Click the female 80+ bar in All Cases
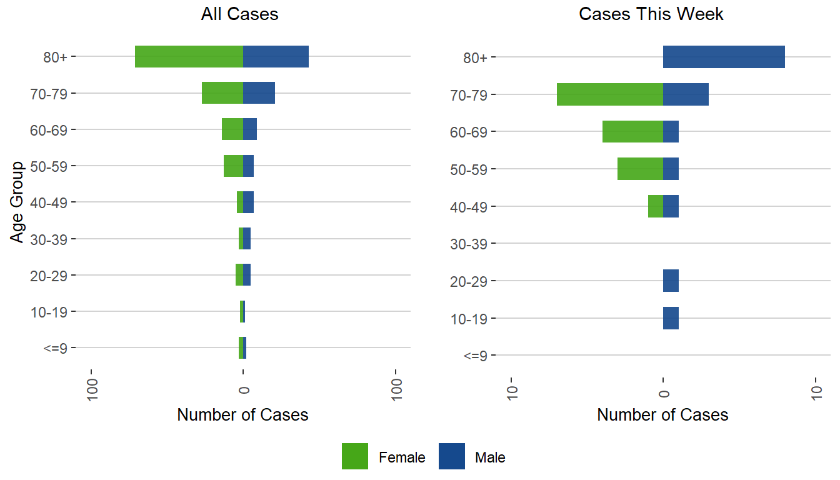click(x=189, y=57)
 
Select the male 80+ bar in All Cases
click(x=276, y=57)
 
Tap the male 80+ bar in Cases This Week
click(x=723, y=57)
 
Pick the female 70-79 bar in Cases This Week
click(x=609, y=94)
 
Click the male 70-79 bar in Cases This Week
click(x=686, y=94)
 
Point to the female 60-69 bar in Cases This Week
click(x=632, y=131)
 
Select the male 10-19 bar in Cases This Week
click(x=671, y=318)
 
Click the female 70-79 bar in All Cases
click(x=222, y=93)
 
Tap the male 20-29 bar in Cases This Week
click(x=671, y=281)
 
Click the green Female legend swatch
click(x=355, y=457)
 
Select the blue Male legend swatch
click(x=451, y=457)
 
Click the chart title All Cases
click(x=239, y=14)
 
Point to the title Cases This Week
click(x=651, y=14)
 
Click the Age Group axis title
click(x=17, y=202)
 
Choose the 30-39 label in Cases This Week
click(x=469, y=244)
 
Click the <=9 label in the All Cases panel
click(x=55, y=349)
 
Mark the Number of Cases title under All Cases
click(x=242, y=415)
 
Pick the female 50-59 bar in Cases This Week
click(x=640, y=169)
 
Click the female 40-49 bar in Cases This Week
click(x=656, y=206)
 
